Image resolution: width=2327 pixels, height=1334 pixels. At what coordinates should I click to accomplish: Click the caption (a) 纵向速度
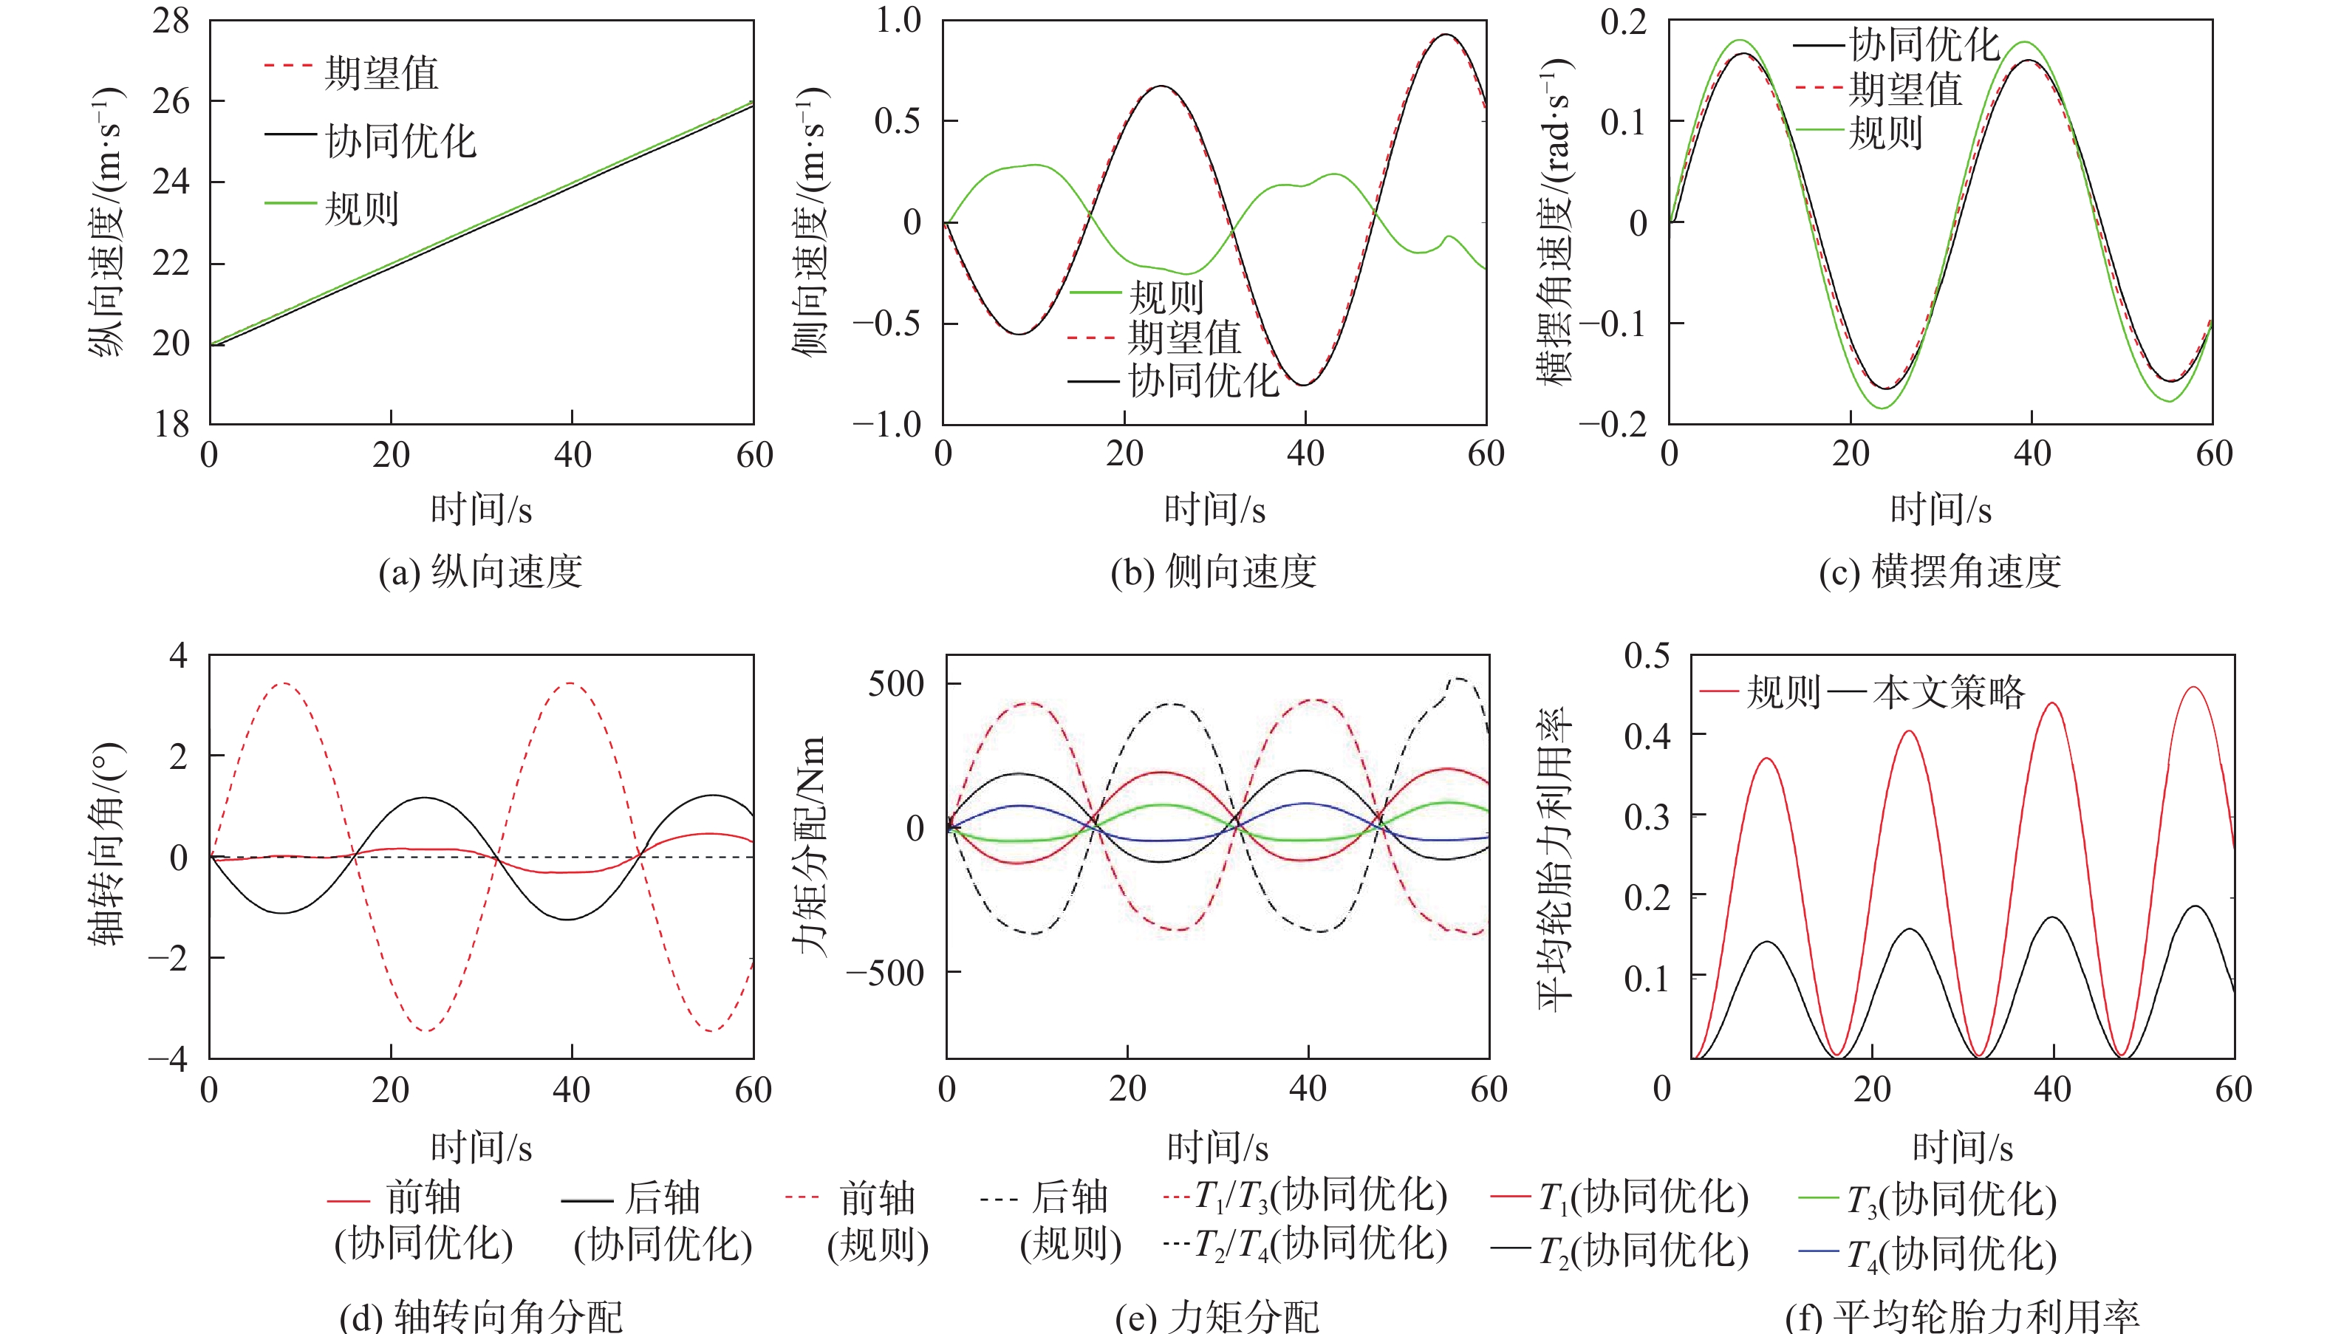point(481,572)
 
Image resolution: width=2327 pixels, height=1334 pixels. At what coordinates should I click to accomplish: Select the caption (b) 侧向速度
point(1214,572)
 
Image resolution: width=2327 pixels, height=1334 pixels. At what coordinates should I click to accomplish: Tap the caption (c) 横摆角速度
point(1939,572)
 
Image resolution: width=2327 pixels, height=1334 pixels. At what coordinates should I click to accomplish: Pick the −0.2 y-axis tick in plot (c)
point(1613,423)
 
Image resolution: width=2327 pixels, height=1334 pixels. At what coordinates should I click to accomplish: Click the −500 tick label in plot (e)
point(885,973)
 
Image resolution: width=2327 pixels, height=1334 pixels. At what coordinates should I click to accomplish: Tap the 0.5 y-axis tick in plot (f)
point(1647,656)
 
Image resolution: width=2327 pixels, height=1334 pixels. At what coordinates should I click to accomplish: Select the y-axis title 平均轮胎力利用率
point(1556,858)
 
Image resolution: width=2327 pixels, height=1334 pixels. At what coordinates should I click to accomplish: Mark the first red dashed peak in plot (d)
point(283,683)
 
